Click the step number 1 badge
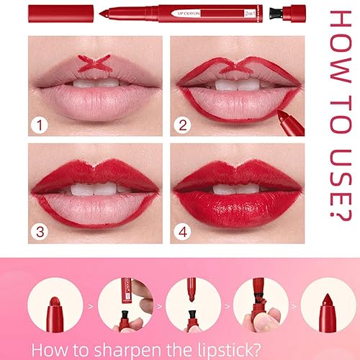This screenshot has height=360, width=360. click(x=41, y=127)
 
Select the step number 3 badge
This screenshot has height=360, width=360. click(x=41, y=233)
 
